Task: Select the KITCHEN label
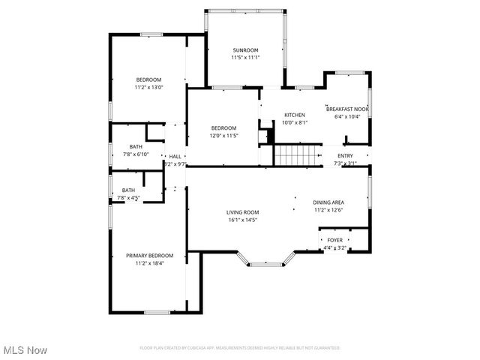pos(293,115)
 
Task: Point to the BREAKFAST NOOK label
pos(347,109)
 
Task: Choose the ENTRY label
pos(345,155)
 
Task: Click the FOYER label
pos(334,239)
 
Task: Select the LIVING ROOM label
pos(242,212)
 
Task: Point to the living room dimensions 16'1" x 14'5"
pos(242,220)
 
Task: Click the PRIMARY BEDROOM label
pos(149,256)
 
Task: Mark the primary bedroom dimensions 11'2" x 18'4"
pos(149,263)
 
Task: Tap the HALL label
pos(175,156)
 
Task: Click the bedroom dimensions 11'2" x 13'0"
pos(148,88)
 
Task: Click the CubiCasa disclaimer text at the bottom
pos(240,348)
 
